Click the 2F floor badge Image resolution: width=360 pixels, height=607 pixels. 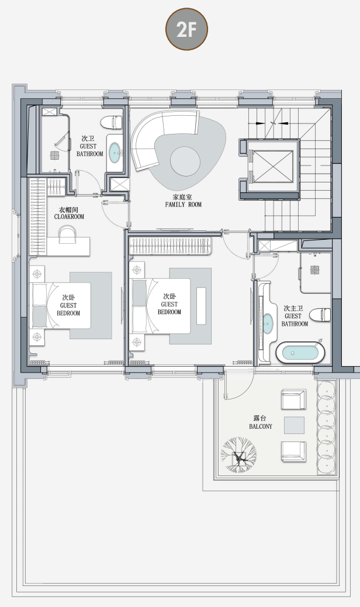187,29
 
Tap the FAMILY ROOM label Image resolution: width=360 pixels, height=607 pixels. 184,205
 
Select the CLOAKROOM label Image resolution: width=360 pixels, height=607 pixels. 69,217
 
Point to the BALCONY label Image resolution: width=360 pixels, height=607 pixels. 261,426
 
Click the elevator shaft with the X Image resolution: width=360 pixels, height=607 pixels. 272,167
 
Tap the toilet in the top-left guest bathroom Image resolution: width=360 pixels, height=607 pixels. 112,122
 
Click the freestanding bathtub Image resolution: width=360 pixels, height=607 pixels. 301,353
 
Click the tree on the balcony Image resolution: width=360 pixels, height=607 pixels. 238,455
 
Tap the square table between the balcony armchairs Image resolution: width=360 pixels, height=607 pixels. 295,425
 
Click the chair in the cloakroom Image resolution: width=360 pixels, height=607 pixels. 68,234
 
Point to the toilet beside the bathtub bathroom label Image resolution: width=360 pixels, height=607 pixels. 320,315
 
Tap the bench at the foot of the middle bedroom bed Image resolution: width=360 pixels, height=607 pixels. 201,306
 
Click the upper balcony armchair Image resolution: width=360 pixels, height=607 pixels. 293,400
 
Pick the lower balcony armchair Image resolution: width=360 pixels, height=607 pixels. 293,451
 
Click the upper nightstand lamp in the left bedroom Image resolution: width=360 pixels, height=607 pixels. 37,274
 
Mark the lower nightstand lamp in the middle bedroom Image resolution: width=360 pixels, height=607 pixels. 137,342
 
